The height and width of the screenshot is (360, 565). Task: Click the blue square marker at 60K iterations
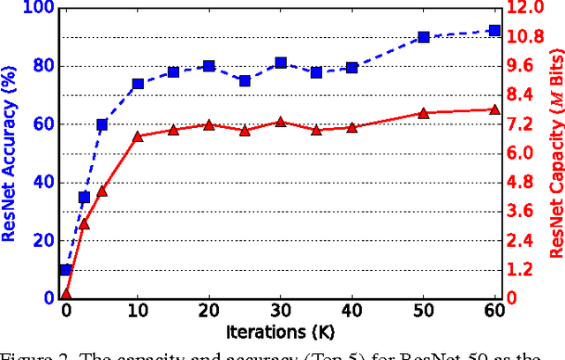(x=494, y=30)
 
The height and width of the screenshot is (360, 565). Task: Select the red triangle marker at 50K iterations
(x=423, y=113)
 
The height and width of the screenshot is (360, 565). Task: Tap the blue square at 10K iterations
(x=138, y=84)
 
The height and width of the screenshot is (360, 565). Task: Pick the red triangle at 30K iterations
(x=281, y=122)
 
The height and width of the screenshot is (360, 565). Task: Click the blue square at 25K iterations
(x=245, y=80)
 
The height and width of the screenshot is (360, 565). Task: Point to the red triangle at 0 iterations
(x=65, y=294)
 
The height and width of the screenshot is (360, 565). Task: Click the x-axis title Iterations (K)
(x=280, y=334)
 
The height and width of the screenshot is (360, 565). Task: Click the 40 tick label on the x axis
(x=352, y=312)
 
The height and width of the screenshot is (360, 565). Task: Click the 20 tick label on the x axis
(x=209, y=312)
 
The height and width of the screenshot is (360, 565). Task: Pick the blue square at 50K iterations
(x=423, y=37)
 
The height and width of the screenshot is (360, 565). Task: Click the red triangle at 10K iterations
(x=138, y=137)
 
